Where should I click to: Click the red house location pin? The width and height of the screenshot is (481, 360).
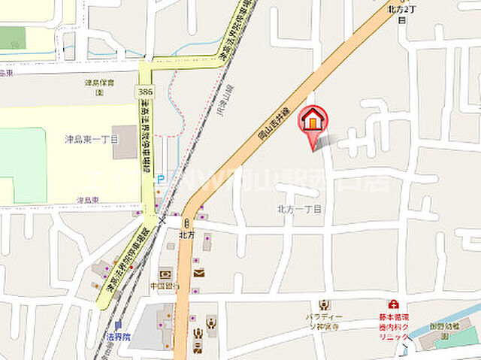click(313, 122)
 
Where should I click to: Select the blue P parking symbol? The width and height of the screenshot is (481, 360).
click(160, 180)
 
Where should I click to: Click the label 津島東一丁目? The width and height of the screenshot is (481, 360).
click(92, 139)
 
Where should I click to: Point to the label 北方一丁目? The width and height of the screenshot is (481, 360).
click(299, 210)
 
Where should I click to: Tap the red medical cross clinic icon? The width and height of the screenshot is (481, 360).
click(392, 304)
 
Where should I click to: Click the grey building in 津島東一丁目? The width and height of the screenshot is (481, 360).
click(125, 143)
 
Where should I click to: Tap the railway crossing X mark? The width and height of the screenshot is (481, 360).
click(161, 214)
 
